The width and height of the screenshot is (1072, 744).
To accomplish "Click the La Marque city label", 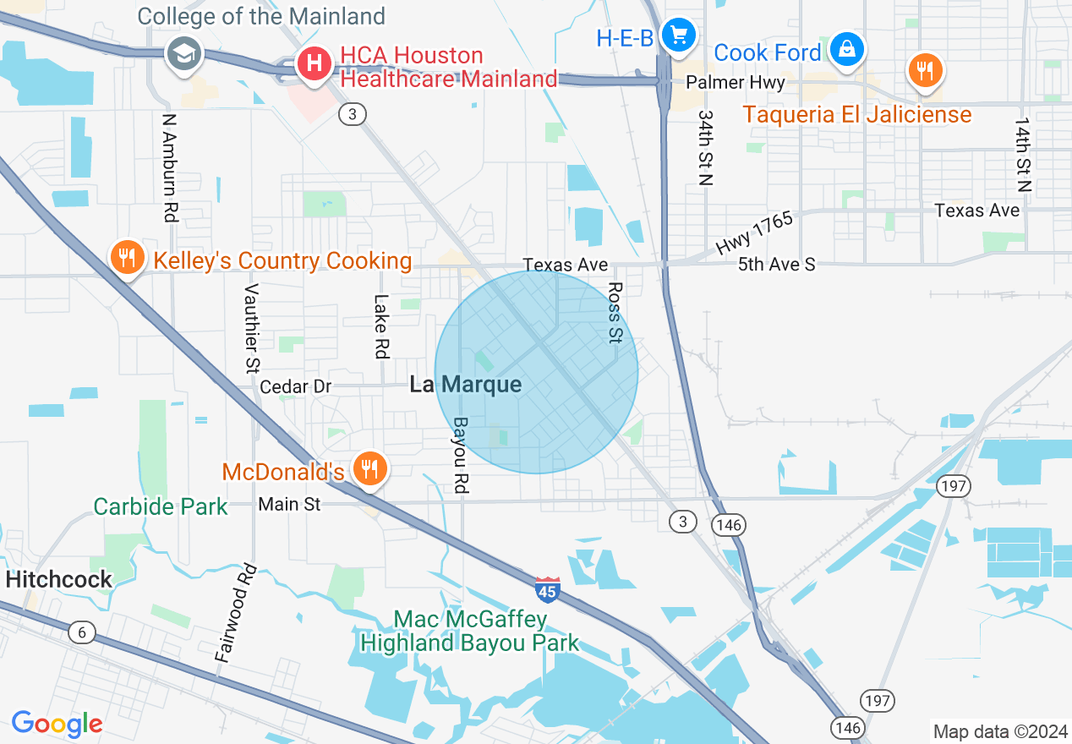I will (465, 385).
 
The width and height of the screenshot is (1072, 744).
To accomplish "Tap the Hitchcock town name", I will (59, 579).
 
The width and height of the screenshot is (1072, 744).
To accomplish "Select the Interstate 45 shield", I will (548, 589).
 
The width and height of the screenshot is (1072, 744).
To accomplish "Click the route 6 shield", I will (81, 632).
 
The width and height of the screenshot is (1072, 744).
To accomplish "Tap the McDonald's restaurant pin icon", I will (369, 468).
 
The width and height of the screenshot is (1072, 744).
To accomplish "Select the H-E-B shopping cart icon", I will (678, 36).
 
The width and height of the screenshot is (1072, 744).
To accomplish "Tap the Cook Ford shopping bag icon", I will (845, 50).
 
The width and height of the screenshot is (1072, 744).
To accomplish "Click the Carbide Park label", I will (161, 506).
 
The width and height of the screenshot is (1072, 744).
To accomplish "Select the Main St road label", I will (289, 504).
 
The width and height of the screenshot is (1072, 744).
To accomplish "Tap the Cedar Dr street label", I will (296, 386).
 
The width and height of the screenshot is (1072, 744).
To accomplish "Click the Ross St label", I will (615, 313).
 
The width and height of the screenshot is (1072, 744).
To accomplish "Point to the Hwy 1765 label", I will (755, 232).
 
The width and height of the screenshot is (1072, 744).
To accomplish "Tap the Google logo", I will (57, 724).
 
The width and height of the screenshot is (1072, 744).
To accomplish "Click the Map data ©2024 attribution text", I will (998, 731).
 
